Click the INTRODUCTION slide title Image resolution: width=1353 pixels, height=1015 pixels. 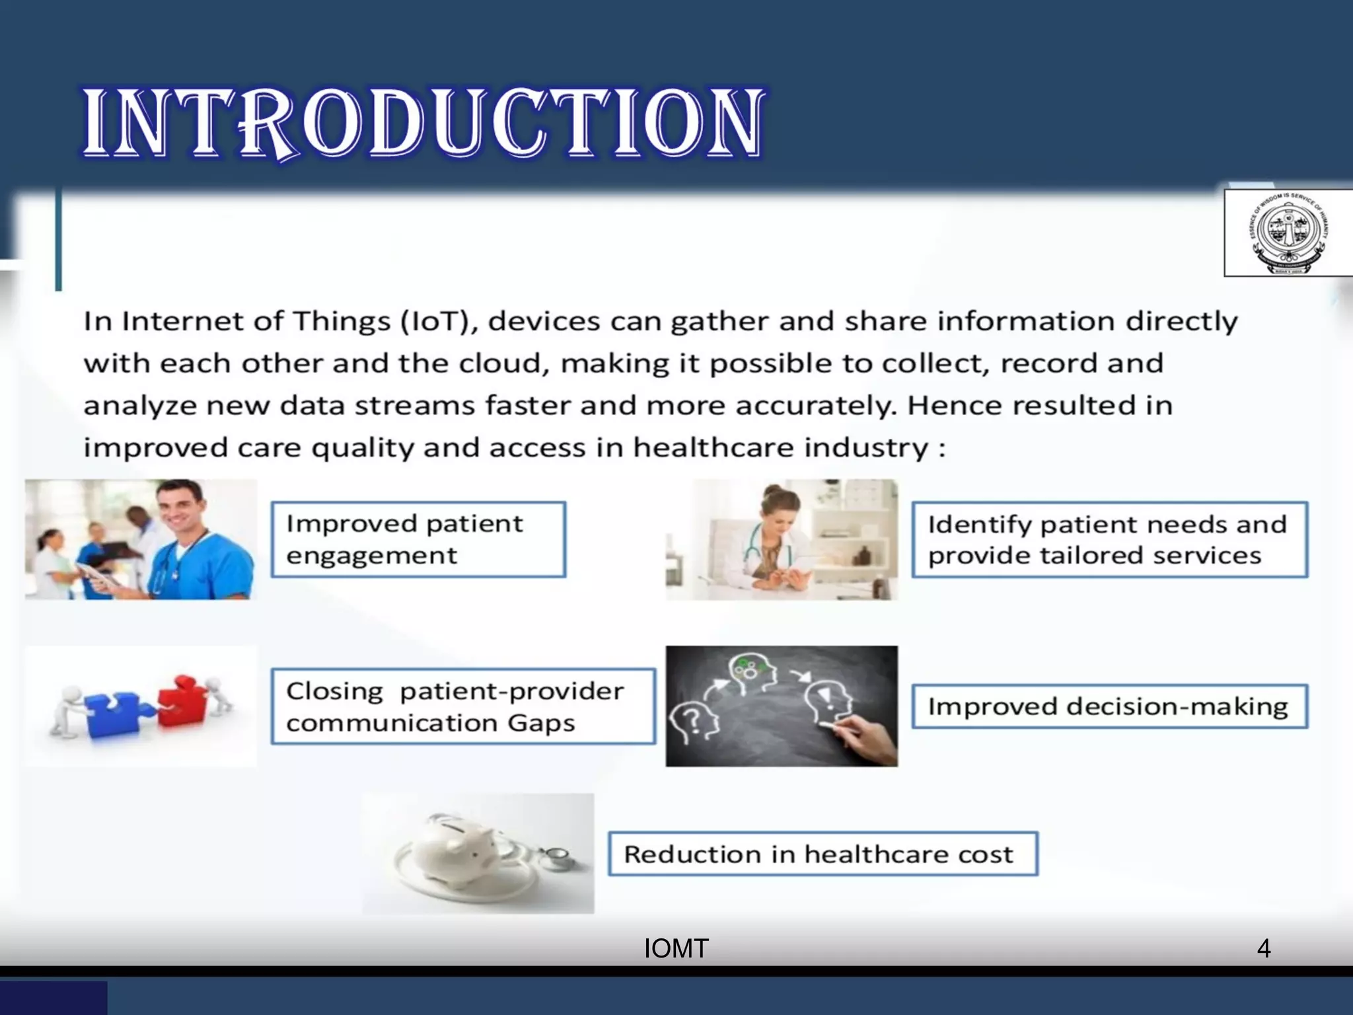[x=423, y=124]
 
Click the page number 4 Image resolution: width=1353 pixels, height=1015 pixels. [x=1263, y=949]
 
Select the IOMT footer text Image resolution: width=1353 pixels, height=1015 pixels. [x=676, y=949]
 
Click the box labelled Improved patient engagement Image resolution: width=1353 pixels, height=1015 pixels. [x=418, y=539]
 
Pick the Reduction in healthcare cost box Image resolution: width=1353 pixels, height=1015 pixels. [x=823, y=854]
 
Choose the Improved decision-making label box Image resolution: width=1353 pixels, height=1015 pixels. [x=1109, y=706]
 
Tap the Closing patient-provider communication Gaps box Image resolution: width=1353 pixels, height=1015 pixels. [x=462, y=706]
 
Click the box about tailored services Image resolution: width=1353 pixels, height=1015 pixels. [x=1109, y=539]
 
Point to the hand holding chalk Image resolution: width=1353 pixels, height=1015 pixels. [x=865, y=737]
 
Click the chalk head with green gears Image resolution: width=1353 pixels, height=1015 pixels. [x=750, y=672]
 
